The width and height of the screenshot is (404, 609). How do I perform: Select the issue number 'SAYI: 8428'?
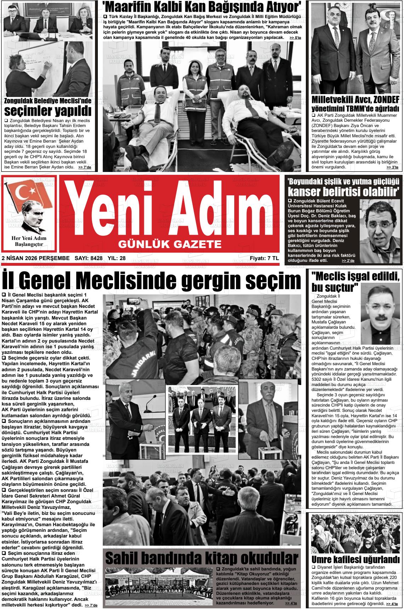(x=89, y=258)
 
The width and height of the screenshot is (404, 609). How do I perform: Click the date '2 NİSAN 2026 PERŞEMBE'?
(x=35, y=258)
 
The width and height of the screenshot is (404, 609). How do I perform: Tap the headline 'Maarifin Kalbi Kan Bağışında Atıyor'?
(x=202, y=7)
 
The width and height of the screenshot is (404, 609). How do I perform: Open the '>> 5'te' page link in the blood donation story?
(x=295, y=38)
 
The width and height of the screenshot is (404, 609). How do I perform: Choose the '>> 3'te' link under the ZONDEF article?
(x=392, y=167)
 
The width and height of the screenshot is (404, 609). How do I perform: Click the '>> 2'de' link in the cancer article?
(x=348, y=260)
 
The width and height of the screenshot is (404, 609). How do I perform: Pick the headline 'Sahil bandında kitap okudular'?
(x=202, y=558)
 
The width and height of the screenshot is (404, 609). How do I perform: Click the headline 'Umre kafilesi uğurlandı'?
(x=355, y=560)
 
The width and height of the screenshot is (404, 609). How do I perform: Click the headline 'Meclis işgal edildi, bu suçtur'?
(x=355, y=281)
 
